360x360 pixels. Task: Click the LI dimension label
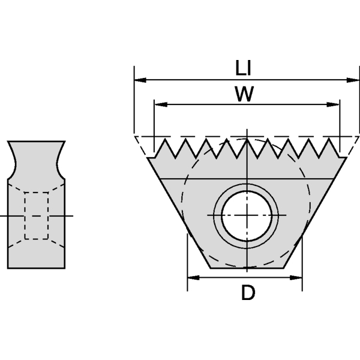coord(243,68)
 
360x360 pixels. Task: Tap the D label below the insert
coord(248,293)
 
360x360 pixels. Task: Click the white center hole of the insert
coord(247,215)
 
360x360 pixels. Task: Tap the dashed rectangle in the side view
coord(36,215)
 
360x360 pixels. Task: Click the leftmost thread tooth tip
coord(163,140)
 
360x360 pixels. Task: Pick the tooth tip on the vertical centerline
coord(247,140)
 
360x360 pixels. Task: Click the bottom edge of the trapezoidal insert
coord(247,268)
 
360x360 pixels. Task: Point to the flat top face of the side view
coord(36,142)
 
